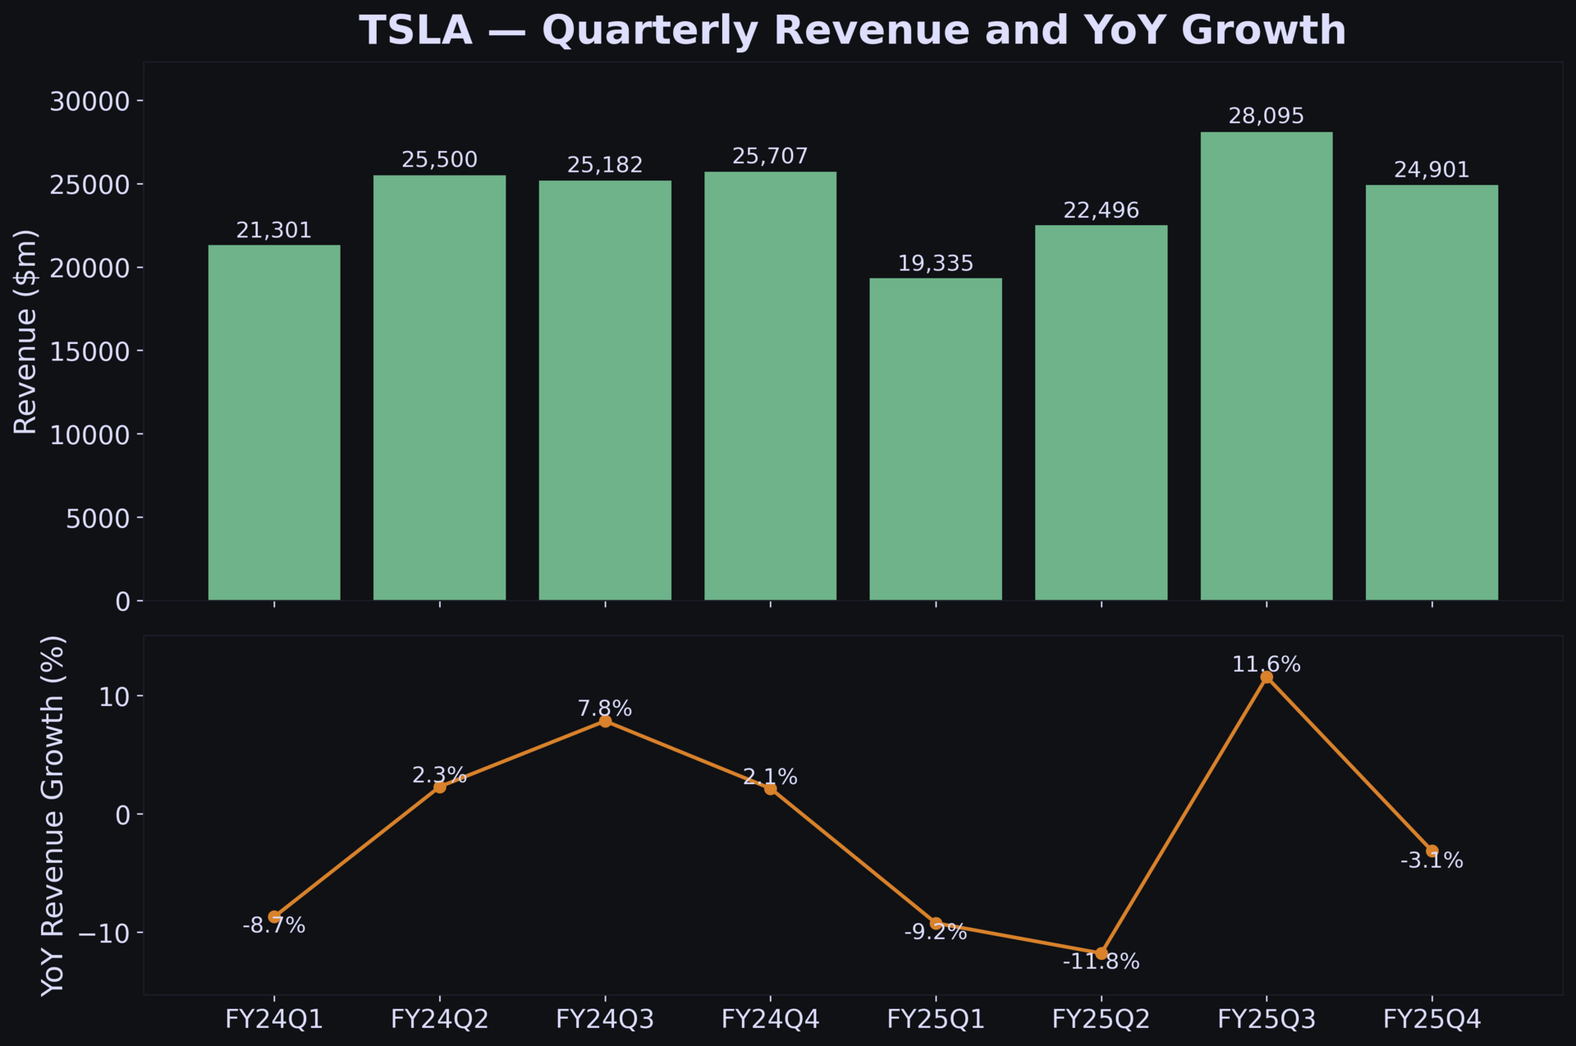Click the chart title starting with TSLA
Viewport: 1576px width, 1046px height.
click(852, 31)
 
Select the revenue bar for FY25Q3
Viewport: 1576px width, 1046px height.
click(1266, 366)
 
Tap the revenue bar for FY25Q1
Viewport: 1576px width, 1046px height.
click(935, 439)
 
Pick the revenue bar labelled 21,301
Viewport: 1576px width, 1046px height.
click(274, 423)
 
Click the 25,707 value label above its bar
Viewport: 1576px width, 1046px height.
click(770, 156)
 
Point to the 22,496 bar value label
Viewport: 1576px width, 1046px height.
click(1101, 211)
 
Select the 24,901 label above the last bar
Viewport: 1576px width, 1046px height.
click(1432, 170)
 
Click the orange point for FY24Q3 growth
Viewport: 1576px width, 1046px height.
click(605, 721)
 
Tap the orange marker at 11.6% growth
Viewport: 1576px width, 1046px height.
click(1267, 677)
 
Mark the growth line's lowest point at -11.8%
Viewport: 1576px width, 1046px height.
click(1101, 953)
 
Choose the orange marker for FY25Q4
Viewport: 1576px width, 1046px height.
click(1432, 851)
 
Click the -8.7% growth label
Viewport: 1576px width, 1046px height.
click(274, 926)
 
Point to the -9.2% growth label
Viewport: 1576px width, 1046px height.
click(935, 933)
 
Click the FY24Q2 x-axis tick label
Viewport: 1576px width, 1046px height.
click(439, 1020)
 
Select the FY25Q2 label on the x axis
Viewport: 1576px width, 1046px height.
click(1101, 1020)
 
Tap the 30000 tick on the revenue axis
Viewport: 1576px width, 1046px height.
click(90, 101)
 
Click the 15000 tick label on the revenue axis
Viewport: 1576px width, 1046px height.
click(90, 351)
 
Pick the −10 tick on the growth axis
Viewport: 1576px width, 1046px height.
click(103, 934)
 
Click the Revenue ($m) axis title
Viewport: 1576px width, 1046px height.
click(26, 332)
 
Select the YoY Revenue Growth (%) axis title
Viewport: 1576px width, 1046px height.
click(53, 815)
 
